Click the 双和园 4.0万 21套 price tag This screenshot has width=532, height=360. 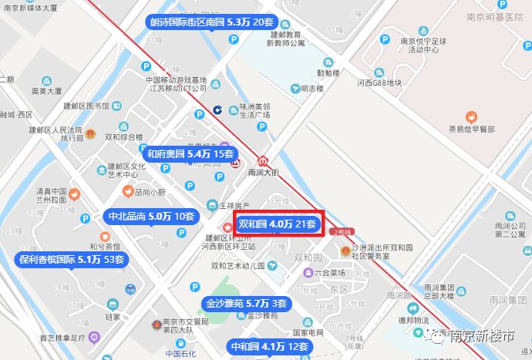coord(278,224)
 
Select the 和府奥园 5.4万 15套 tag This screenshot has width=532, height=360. coord(190,154)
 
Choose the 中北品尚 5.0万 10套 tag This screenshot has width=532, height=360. coord(150,217)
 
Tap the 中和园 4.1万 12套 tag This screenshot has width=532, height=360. coord(270,347)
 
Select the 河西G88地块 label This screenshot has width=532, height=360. coord(380,82)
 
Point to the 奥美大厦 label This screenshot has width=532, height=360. coord(46,90)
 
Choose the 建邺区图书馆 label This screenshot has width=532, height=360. coord(86,106)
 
